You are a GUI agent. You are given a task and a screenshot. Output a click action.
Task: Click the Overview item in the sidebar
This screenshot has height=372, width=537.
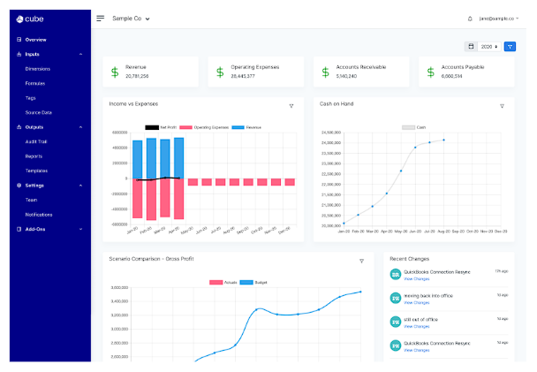35,40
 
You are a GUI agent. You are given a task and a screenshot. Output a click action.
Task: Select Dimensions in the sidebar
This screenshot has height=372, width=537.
38,68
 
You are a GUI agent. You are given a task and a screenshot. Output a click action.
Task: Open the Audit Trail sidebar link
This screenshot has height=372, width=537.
37,141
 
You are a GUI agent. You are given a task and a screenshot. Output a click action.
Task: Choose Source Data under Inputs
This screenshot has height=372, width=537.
39,112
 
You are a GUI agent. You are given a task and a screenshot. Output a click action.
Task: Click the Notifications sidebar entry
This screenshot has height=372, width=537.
39,215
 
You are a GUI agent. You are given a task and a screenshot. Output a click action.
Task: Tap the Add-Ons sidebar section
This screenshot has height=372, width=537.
36,229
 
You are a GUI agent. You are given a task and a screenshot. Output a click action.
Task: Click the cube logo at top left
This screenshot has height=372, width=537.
34,18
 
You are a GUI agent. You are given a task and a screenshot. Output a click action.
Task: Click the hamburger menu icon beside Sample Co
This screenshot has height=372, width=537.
100,18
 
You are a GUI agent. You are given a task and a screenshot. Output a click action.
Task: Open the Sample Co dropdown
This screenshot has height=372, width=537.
131,18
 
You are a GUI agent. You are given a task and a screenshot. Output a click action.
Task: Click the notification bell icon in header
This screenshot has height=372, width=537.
470,18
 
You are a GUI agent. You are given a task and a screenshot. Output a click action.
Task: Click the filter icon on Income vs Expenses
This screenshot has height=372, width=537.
291,106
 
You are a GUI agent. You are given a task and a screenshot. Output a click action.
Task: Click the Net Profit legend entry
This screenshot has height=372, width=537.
161,127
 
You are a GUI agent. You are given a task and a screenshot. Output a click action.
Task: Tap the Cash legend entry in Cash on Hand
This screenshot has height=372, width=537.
414,127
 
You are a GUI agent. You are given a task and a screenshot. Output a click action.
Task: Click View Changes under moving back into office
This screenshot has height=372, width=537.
417,303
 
